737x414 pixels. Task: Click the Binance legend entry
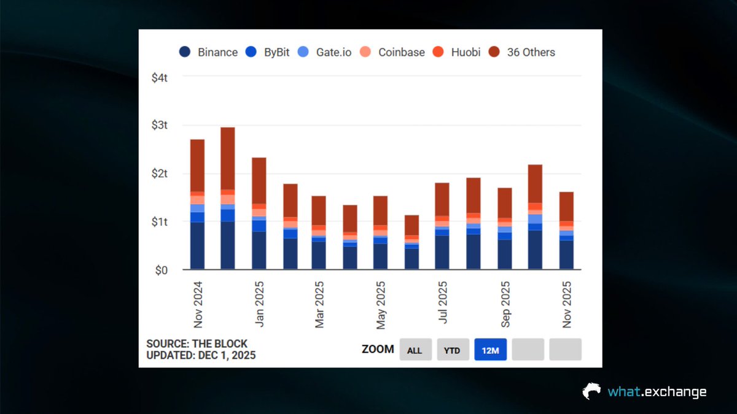pos(208,52)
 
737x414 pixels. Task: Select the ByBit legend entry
pos(269,52)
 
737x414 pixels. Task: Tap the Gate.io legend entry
pos(326,52)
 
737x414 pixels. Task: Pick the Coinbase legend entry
pos(393,52)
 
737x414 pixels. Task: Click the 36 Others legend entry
pos(522,52)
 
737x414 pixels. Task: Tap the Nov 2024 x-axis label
pos(198,304)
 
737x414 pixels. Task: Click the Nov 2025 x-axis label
pos(567,304)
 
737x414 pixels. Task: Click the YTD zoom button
pos(453,350)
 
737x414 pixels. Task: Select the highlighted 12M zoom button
pos(490,350)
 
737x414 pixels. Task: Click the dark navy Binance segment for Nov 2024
pos(197,246)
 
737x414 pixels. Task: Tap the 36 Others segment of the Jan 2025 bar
pos(259,180)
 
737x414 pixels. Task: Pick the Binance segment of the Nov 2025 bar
pos(566,255)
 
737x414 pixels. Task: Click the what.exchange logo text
pos(656,392)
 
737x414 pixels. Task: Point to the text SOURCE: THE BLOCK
pos(197,344)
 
